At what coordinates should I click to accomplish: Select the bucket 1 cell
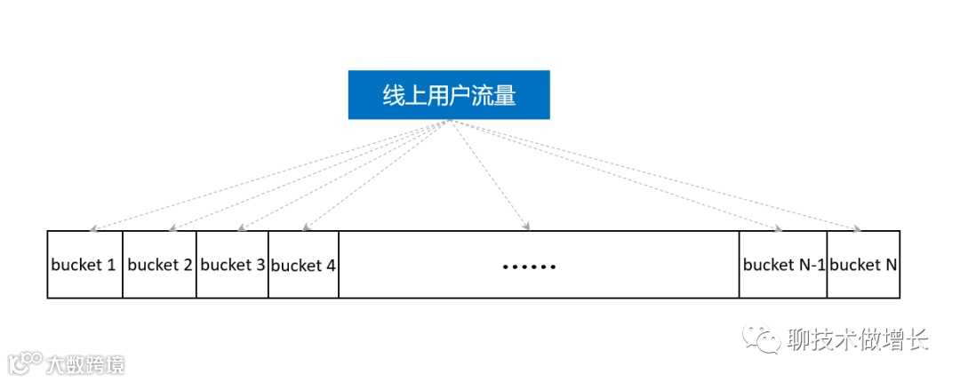(x=84, y=265)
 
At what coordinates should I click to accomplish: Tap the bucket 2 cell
(x=159, y=265)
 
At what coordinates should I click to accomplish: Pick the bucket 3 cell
(x=232, y=265)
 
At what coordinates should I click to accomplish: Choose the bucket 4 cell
(x=303, y=265)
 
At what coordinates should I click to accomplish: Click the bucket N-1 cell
(x=783, y=265)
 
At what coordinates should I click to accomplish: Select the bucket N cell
(x=863, y=265)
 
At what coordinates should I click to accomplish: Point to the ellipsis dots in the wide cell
(x=529, y=266)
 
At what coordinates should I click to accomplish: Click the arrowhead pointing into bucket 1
(x=93, y=228)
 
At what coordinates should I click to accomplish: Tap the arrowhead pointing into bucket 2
(x=171, y=228)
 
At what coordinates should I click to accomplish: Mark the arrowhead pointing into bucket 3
(x=244, y=228)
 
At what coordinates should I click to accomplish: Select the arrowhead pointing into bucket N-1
(x=778, y=228)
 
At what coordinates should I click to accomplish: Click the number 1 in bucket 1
(x=111, y=265)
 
